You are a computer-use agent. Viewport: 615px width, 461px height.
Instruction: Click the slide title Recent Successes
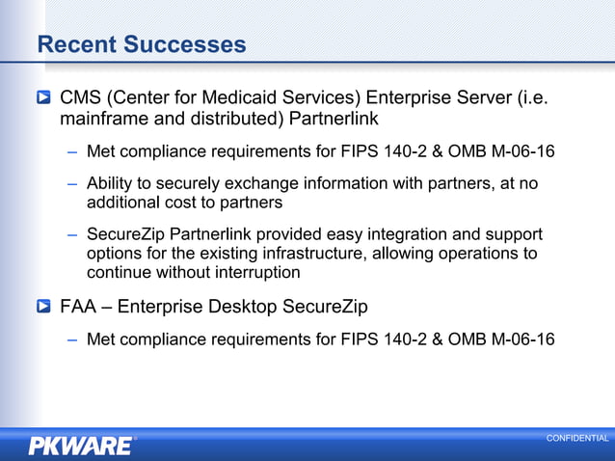141,44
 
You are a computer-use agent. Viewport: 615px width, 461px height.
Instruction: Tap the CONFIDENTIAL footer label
577,439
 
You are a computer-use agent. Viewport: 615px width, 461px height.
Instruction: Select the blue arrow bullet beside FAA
44,307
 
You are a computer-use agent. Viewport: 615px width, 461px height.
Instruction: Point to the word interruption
255,273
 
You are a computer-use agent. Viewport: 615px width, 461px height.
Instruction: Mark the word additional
121,203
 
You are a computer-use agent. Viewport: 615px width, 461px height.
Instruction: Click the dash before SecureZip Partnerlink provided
73,234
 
